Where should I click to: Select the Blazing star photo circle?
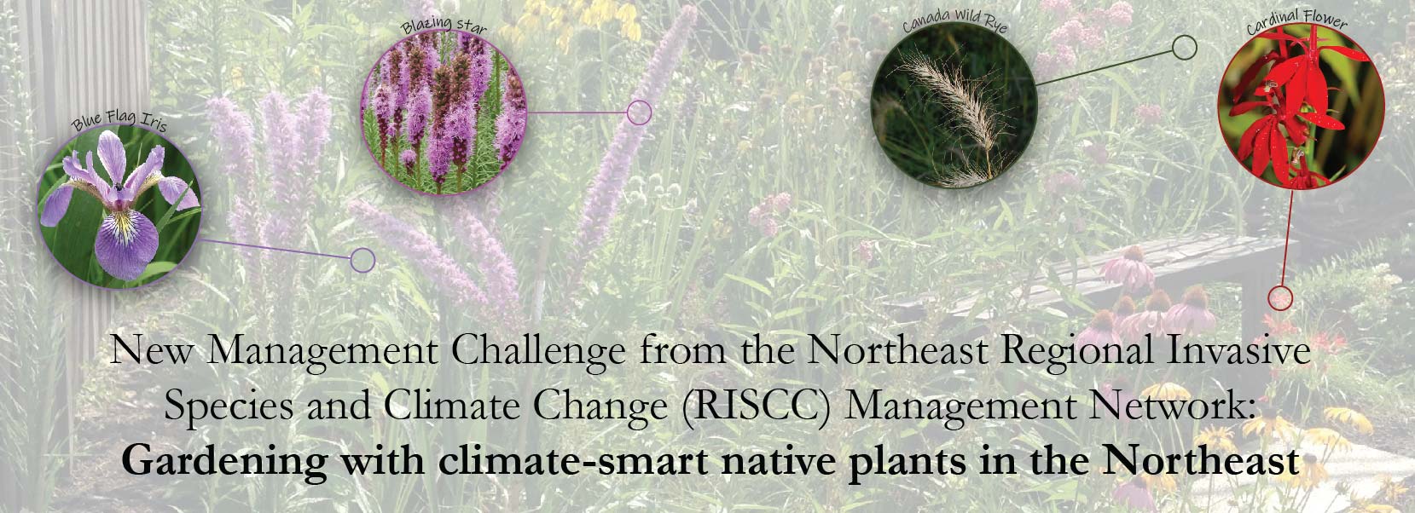click(444, 113)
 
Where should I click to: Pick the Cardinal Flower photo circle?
click(1302, 107)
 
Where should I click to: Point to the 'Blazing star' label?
click(444, 26)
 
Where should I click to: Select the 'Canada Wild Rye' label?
click(954, 20)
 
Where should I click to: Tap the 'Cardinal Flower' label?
click(1297, 20)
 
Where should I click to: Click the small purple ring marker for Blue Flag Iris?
click(362, 260)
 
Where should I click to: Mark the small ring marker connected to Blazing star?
click(640, 113)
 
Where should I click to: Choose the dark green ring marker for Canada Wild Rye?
click(1185, 48)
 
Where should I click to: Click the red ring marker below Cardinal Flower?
click(1280, 297)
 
